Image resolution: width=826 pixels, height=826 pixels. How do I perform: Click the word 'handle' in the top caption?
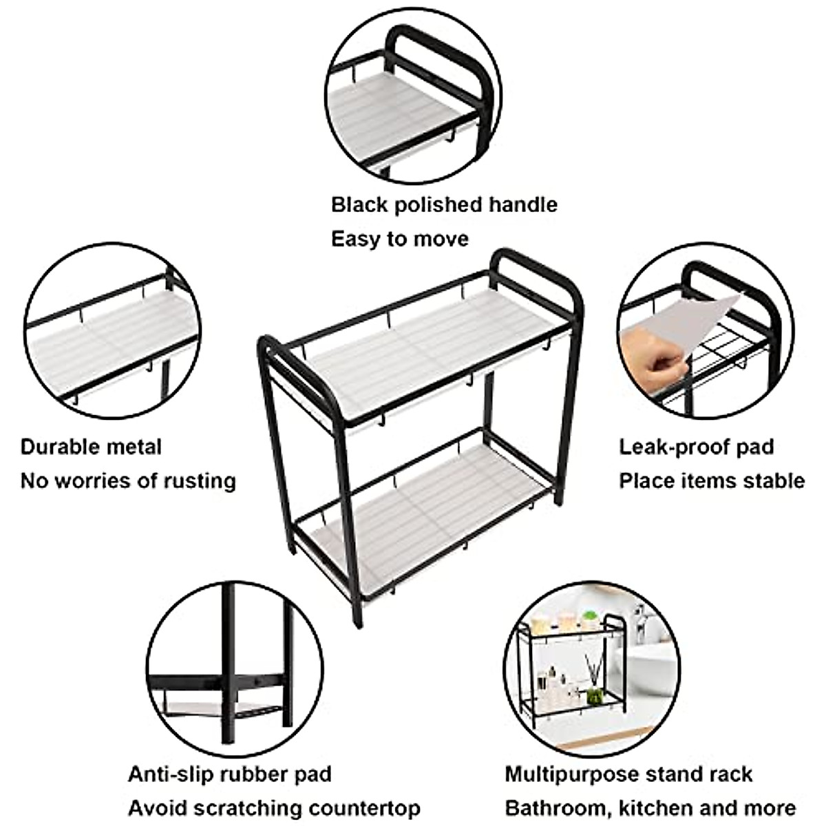(522, 204)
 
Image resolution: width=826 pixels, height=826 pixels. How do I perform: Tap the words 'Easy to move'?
(399, 239)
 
